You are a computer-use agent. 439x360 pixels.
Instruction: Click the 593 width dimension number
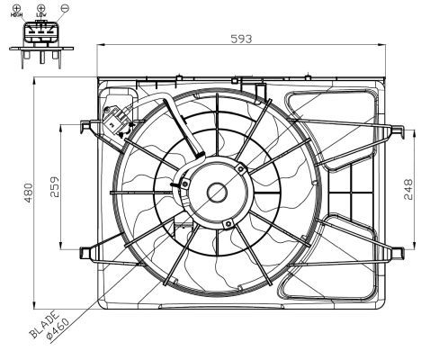point(240,39)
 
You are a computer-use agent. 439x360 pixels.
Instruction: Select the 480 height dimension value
point(28,192)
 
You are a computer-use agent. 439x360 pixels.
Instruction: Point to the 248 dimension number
point(409,188)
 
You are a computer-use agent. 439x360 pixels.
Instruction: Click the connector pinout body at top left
point(40,38)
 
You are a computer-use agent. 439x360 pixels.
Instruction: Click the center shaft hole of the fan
point(217,192)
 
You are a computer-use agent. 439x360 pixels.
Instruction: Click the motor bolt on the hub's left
point(183,186)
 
